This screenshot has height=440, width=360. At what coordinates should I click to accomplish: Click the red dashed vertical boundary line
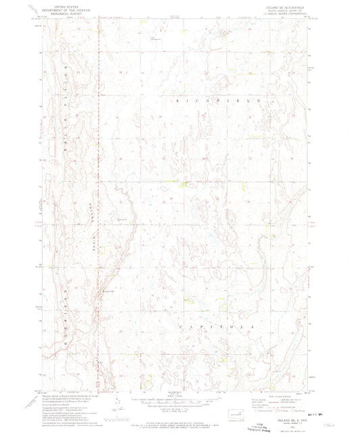point(99,203)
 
